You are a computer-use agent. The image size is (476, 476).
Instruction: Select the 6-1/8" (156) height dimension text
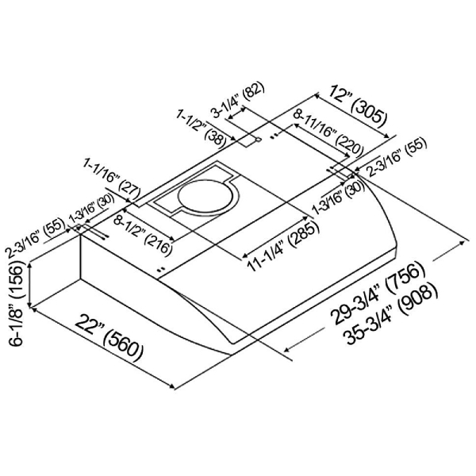pos(16,303)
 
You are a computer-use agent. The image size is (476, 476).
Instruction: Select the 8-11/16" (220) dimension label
pos(328,132)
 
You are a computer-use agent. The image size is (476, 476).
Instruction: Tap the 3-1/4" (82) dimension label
pos(238,100)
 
